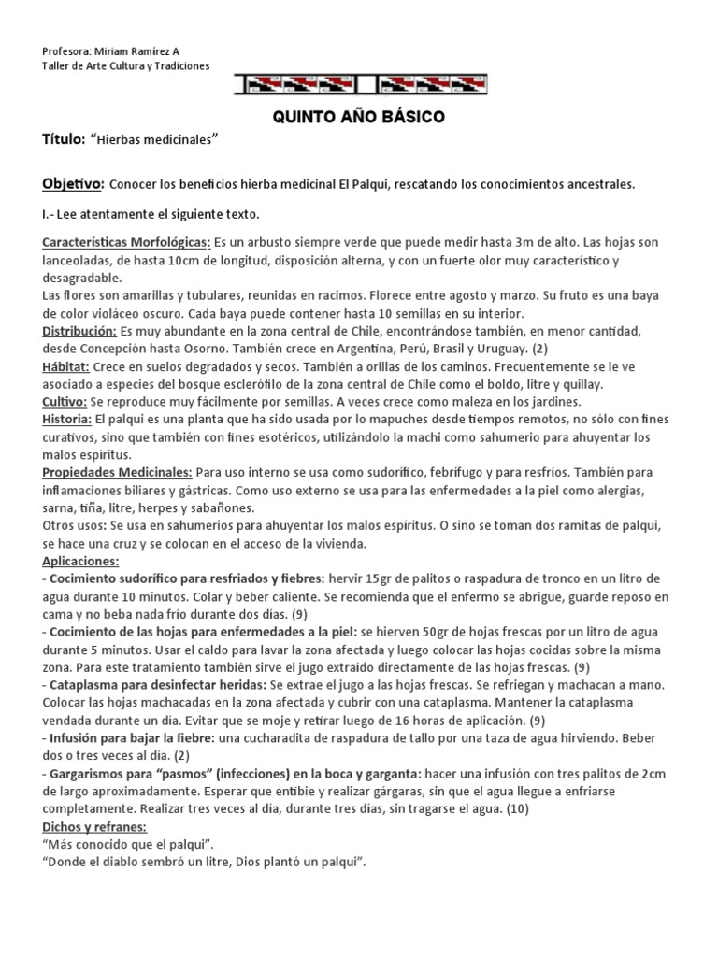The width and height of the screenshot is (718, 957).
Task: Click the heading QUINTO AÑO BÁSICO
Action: point(359,117)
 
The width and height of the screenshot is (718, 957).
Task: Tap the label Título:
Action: point(64,139)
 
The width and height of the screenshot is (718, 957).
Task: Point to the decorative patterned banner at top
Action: point(358,84)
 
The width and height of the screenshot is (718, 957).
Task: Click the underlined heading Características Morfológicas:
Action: point(126,244)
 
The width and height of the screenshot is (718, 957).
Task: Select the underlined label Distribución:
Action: point(78,331)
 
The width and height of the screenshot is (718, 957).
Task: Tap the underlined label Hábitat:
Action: point(65,366)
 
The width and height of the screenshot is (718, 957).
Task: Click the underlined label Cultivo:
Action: point(65,401)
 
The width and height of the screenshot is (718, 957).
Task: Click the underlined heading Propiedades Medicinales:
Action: point(118,472)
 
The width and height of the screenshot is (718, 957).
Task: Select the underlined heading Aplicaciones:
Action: point(81,561)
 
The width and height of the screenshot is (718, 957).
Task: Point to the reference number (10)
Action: point(515,808)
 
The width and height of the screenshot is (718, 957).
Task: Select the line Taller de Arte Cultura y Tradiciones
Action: point(126,66)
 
